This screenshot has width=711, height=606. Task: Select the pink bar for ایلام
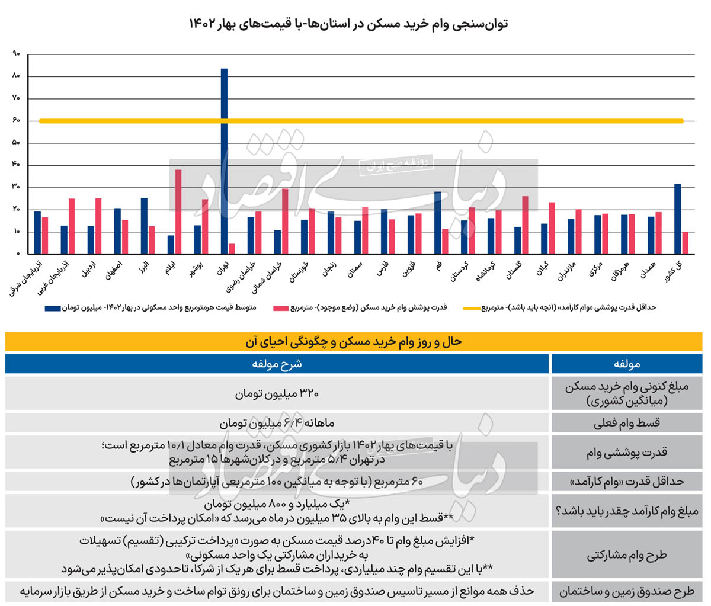(178, 211)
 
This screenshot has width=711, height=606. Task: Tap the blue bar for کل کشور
(677, 219)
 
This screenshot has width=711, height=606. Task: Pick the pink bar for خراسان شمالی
(285, 221)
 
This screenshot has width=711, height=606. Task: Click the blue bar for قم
(437, 223)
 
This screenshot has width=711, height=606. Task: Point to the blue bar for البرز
(144, 226)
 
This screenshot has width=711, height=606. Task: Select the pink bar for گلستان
(525, 225)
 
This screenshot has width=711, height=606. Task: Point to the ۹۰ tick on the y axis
(16, 54)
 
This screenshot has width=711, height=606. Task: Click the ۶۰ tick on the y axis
(16, 121)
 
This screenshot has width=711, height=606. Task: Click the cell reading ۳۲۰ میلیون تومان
(277, 393)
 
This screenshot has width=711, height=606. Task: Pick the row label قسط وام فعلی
(626, 423)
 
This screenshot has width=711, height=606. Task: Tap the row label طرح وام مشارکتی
(626, 555)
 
